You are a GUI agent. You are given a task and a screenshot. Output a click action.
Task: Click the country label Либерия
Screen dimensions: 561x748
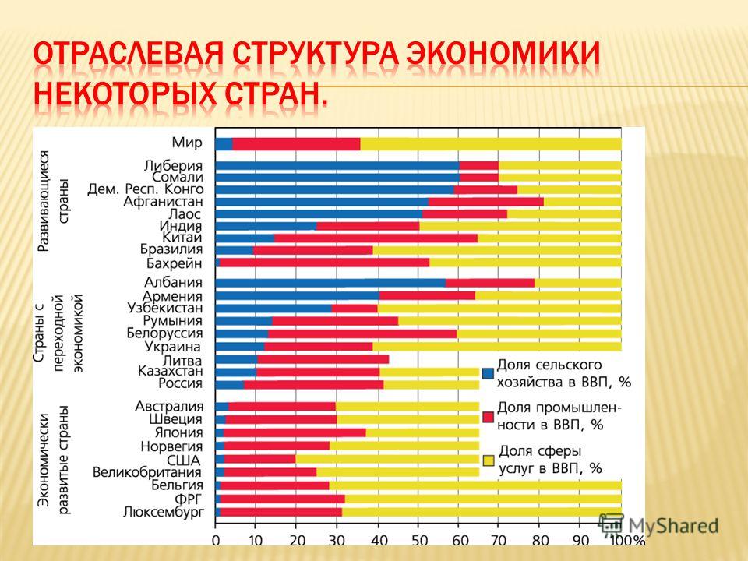(x=173, y=166)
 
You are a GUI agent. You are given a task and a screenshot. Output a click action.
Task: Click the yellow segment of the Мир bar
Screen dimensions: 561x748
(x=491, y=144)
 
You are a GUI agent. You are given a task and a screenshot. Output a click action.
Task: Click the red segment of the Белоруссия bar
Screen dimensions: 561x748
(x=362, y=333)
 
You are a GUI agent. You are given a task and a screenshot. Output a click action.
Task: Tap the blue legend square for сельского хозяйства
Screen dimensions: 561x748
(x=488, y=373)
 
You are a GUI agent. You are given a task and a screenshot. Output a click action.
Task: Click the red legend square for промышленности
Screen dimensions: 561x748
(x=488, y=417)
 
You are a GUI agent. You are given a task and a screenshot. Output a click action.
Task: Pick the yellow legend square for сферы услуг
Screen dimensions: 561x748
(x=488, y=460)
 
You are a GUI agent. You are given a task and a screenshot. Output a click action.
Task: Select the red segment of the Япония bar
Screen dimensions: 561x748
(x=294, y=432)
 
